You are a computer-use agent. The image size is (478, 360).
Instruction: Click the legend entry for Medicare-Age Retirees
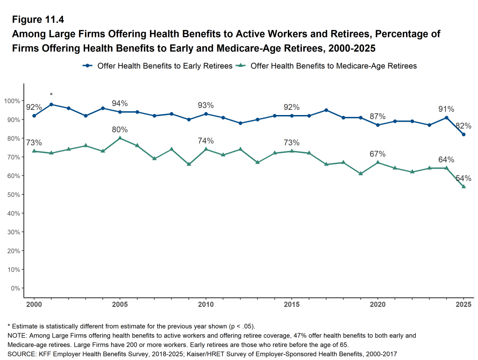pos(327,66)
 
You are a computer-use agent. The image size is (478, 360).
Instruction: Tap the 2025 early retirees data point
pos(464,135)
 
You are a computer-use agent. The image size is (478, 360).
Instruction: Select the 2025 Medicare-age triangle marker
pos(464,187)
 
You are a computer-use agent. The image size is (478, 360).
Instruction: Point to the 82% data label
pos(464,126)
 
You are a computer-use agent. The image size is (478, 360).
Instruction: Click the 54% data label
pos(464,178)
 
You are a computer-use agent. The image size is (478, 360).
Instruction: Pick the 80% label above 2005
pos(120,130)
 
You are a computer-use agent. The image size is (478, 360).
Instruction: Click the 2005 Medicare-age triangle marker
pos(120,138)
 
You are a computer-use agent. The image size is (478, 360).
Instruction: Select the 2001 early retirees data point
pos(51,104)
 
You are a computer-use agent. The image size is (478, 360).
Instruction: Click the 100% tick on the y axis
pos(12,101)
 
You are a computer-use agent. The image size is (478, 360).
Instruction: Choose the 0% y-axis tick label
pos(15,288)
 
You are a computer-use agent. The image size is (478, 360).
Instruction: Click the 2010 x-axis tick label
pos(206,304)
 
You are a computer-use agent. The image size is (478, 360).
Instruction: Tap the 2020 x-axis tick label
pos(378,304)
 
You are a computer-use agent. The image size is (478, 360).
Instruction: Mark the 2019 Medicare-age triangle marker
pos(360,173)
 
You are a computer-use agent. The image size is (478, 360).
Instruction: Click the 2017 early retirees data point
pos(326,110)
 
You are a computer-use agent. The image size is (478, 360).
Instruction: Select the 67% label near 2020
pos(378,154)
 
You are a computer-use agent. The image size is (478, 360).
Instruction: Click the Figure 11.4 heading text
pos(37,20)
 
